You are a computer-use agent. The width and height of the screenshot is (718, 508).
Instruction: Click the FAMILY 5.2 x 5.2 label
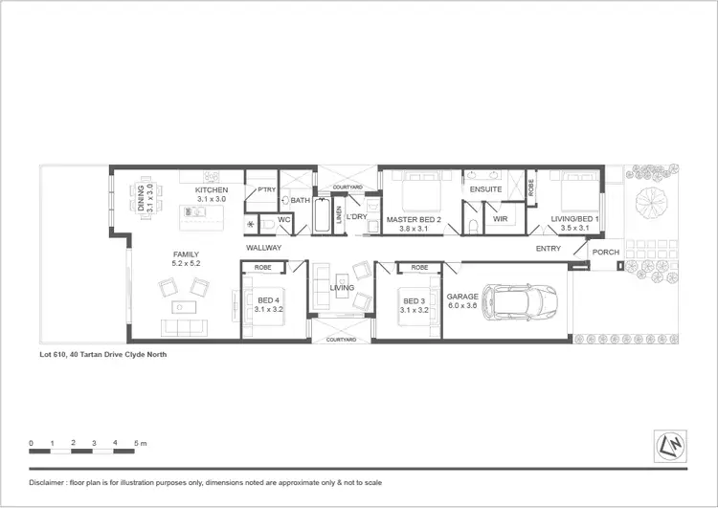point(185,258)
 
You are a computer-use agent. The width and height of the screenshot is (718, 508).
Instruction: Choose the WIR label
point(500,219)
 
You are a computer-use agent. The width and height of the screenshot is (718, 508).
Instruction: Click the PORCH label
point(606,253)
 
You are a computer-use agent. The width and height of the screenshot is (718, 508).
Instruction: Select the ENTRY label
point(549,249)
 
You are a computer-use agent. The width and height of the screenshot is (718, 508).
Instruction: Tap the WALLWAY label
point(263,248)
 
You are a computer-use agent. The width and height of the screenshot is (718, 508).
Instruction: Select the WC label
point(283,220)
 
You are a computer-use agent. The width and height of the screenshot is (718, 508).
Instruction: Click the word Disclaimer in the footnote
point(49,481)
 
